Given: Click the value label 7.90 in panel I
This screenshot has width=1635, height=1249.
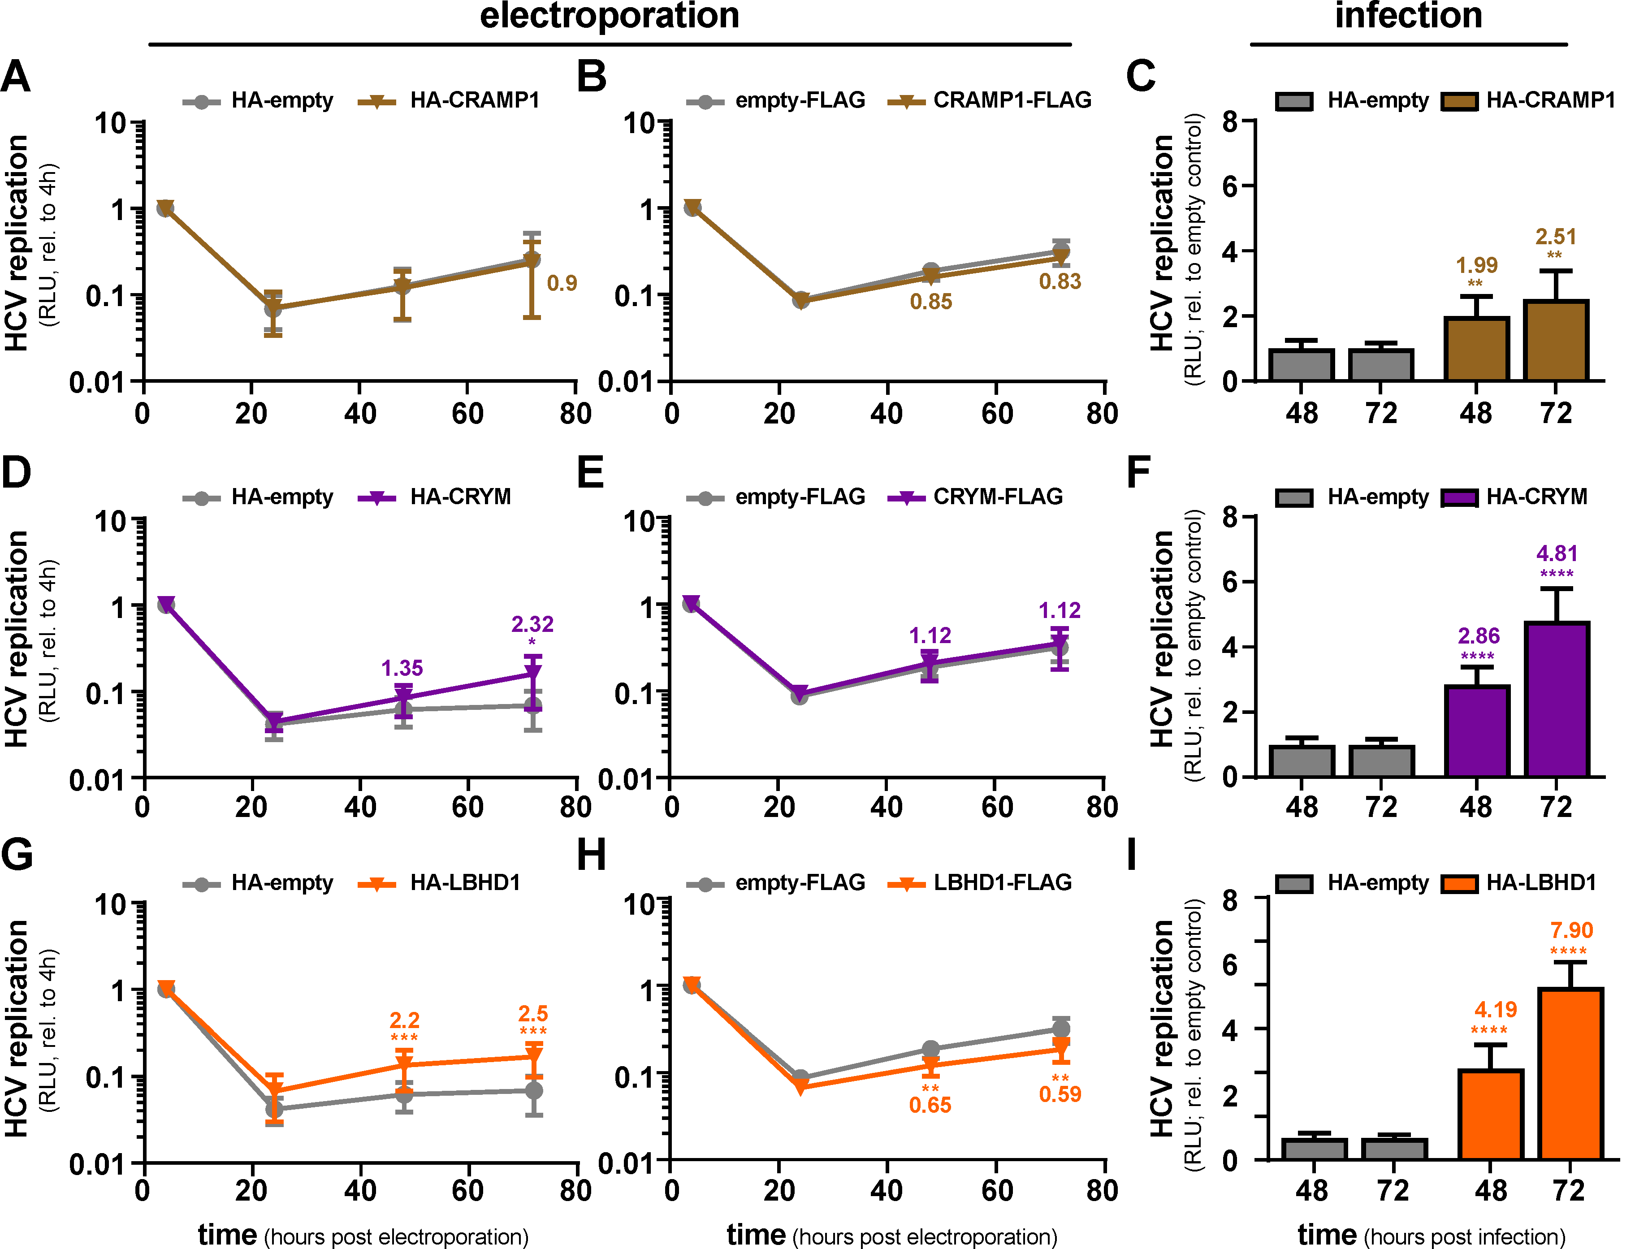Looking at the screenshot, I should (x=1571, y=930).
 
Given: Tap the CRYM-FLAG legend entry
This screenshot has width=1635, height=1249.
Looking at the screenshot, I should (x=998, y=496).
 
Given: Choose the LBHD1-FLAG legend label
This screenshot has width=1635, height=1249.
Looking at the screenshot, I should (x=1002, y=882).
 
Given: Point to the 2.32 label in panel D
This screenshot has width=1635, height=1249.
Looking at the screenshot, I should (x=532, y=624).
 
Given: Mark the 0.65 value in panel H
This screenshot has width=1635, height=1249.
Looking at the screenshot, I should (x=930, y=1105).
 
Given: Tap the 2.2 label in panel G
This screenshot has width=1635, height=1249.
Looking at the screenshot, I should (x=404, y=1020).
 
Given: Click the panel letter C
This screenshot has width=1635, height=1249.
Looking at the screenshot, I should (x=1141, y=76).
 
